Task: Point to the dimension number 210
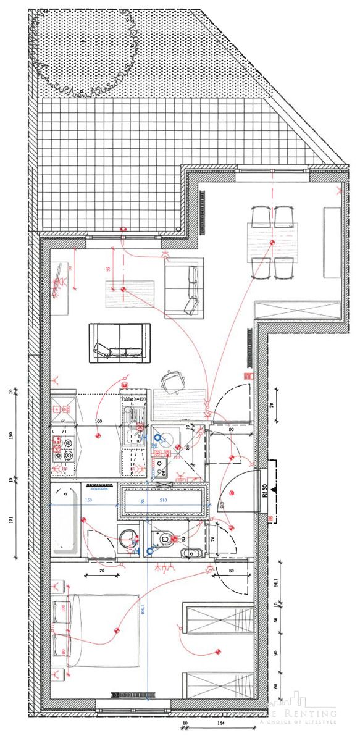coord(163,500)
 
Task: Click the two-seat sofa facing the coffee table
coord(119,341)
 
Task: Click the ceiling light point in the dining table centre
coord(272,241)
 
